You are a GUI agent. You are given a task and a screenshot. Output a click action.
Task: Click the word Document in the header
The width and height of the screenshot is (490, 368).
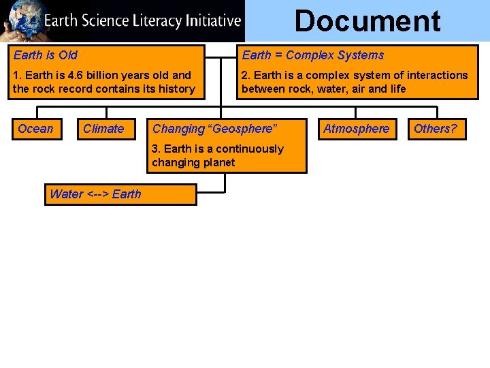pos(367,21)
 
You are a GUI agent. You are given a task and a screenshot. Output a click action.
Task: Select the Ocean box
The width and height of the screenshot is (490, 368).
pos(35,129)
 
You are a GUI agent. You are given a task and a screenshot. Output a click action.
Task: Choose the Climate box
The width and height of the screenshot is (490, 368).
pos(103,129)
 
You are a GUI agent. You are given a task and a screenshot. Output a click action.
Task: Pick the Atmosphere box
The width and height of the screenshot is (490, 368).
pos(356,129)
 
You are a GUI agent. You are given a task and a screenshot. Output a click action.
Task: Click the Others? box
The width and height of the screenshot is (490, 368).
pos(436,129)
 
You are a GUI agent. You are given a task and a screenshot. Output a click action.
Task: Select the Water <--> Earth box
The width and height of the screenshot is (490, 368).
pos(120,194)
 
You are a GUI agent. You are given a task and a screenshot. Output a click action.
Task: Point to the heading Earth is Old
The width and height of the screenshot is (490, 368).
pos(46,55)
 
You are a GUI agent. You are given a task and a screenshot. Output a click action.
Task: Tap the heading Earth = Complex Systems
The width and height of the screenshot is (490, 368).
pos(313,55)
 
